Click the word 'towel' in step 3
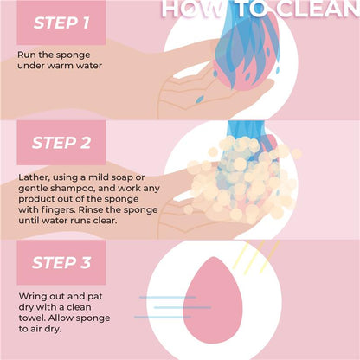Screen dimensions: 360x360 (x=32, y=319)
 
